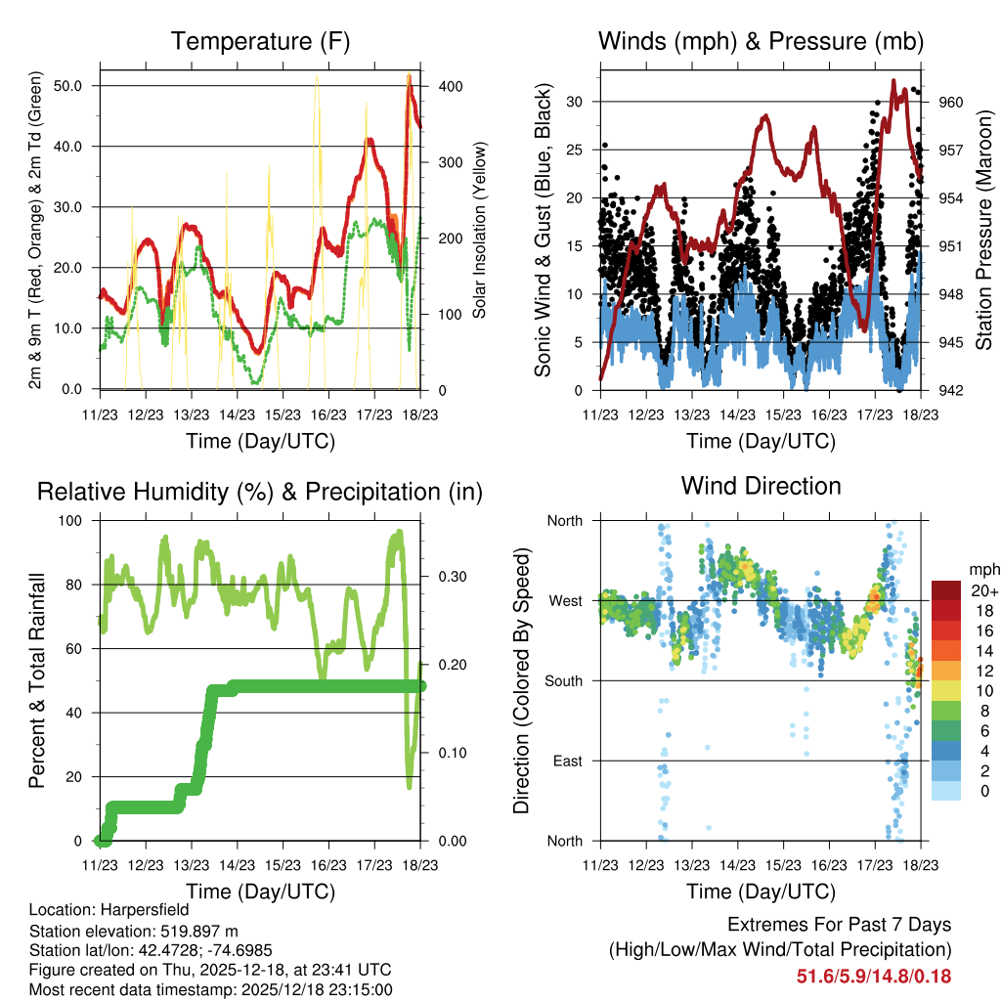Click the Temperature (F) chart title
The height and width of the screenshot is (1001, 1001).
260,42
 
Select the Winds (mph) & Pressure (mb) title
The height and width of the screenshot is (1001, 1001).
761,42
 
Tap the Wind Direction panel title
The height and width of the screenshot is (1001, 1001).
761,486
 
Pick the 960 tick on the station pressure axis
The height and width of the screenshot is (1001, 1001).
952,102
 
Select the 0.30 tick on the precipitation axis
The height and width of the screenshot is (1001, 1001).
451,576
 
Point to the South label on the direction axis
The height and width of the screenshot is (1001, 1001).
562,680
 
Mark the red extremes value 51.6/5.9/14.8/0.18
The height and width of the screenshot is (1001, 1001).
874,976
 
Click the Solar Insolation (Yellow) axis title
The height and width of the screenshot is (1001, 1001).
480,231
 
